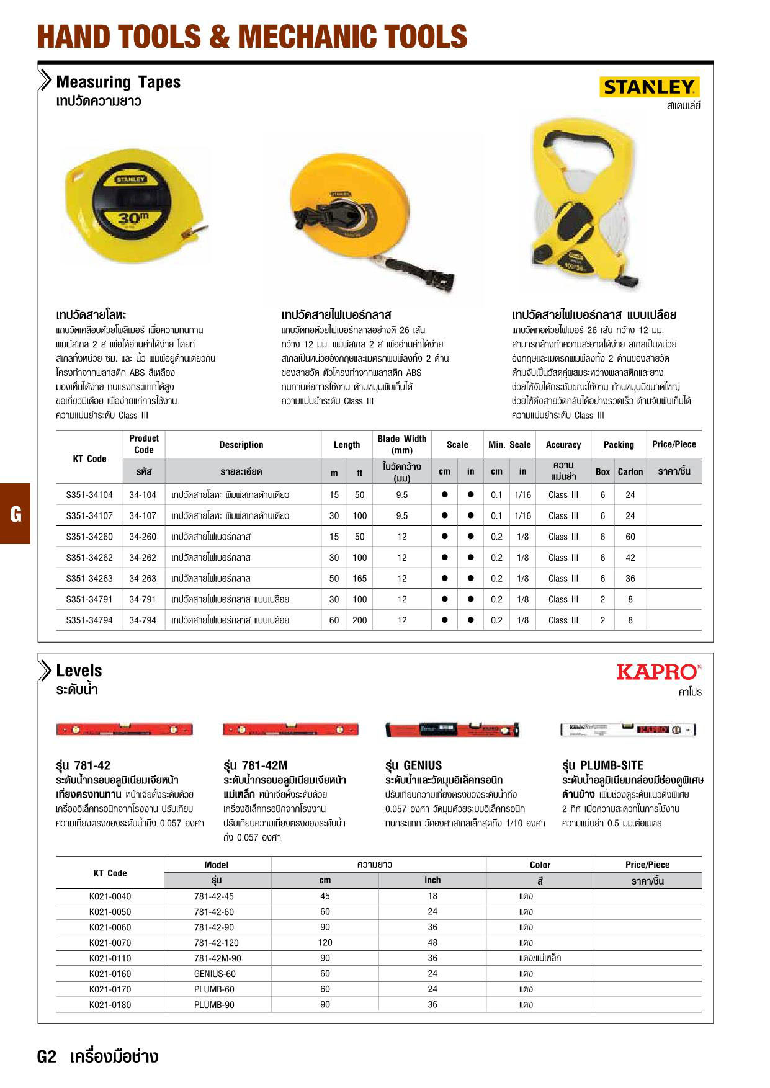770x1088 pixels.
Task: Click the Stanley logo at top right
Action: point(649,87)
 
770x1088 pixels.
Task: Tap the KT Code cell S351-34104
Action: point(89,495)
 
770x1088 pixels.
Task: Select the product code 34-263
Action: point(143,579)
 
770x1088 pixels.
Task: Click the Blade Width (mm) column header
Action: point(401,444)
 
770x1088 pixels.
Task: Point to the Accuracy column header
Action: point(563,445)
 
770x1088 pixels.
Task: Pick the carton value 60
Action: point(630,537)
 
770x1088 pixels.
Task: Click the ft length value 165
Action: point(359,579)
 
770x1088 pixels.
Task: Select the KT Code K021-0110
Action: point(110,958)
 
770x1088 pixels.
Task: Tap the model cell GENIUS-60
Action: point(215,974)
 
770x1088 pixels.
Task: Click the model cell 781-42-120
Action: point(216,943)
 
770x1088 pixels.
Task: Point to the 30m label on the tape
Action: point(133,218)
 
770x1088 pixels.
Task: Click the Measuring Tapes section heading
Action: point(118,82)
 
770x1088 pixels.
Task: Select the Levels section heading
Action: point(79,671)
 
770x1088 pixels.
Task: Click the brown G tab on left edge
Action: point(15,514)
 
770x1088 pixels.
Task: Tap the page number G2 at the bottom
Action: point(47,1057)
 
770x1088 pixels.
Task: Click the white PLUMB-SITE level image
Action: point(627,729)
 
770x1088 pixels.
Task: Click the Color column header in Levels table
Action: point(540,865)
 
